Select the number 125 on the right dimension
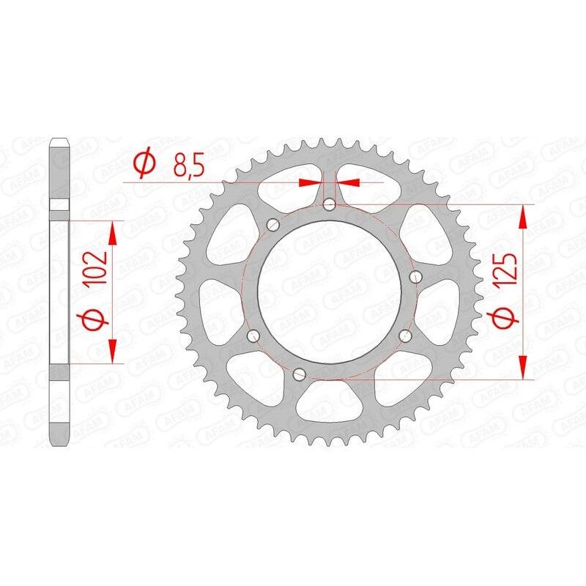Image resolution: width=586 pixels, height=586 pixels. pos(511,270)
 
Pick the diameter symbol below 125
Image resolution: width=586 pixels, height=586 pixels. pos(511,319)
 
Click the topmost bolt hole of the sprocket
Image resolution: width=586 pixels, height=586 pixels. pos(330,204)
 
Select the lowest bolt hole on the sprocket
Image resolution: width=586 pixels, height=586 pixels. pos(297,374)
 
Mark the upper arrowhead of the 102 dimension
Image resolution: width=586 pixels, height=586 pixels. pos(112,234)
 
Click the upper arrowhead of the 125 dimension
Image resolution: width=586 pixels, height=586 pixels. pos(523,217)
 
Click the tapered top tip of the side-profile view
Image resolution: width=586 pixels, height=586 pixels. pos(59,143)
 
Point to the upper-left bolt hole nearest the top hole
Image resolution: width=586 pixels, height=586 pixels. pos(272,224)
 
